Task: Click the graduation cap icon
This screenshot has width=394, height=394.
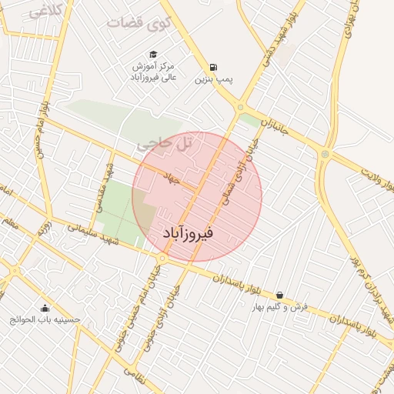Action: pyautogui.click(x=153, y=54)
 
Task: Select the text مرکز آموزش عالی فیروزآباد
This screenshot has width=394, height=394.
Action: pyautogui.click(x=152, y=70)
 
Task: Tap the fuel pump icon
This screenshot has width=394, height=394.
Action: pyautogui.click(x=212, y=66)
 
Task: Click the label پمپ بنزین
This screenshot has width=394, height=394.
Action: pyautogui.click(x=213, y=78)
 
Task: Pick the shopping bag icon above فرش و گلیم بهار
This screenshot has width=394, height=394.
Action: pyautogui.click(x=279, y=295)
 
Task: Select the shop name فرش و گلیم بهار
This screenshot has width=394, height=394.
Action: pyautogui.click(x=280, y=307)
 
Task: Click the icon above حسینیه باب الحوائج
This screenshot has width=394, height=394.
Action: pyautogui.click(x=44, y=308)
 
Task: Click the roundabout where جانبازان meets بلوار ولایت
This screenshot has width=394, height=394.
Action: pyautogui.click(x=326, y=155)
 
